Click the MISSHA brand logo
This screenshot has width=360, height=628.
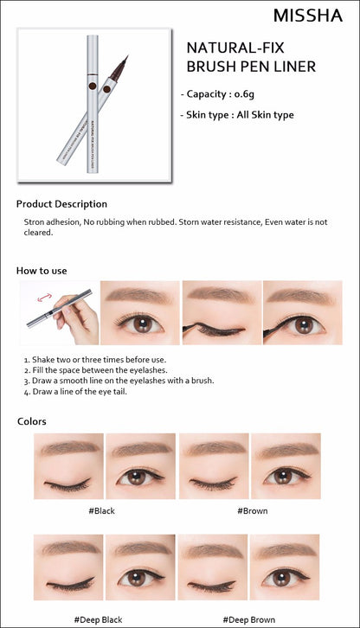pyautogui.click(x=308, y=16)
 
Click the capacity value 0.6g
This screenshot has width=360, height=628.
pyautogui.click(x=244, y=94)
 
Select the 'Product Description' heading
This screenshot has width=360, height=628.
pyautogui.click(x=61, y=204)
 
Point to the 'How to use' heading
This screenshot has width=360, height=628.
pyautogui.click(x=42, y=271)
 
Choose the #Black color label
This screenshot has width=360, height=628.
pyautogui.click(x=102, y=511)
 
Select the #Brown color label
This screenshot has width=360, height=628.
pyautogui.click(x=253, y=511)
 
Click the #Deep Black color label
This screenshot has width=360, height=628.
pyautogui.click(x=99, y=620)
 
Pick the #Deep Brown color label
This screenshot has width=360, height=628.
pyautogui.click(x=249, y=620)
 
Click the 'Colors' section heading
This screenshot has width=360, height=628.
pyautogui.click(x=32, y=421)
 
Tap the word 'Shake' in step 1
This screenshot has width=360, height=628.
pyautogui.click(x=43, y=360)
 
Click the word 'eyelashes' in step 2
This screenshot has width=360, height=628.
pyautogui.click(x=150, y=370)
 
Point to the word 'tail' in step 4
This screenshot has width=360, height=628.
pyautogui.click(x=119, y=391)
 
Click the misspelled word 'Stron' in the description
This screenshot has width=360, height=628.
pyautogui.click(x=34, y=222)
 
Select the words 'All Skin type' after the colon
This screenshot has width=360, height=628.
pyautogui.click(x=265, y=115)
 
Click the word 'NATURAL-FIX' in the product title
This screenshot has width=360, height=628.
pyautogui.click(x=235, y=48)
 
